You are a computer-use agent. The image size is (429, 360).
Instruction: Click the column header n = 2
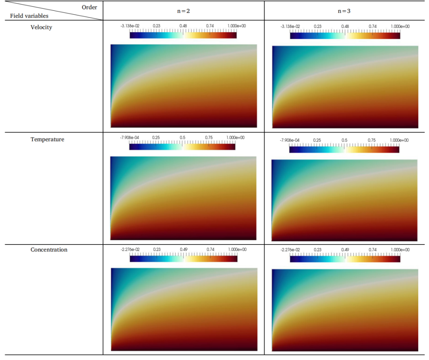click(183, 11)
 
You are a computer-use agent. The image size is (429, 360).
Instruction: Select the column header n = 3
click(344, 11)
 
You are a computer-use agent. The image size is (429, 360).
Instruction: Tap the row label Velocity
click(41, 27)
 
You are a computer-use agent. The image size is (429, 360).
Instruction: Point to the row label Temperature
click(47, 139)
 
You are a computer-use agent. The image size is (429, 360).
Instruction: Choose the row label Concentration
click(49, 250)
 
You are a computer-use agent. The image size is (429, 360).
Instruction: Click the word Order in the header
click(89, 7)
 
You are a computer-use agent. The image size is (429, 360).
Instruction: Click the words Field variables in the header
click(29, 16)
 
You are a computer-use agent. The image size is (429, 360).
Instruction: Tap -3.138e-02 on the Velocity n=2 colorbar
click(130, 26)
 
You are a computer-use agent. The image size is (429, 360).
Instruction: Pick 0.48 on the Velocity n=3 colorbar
click(345, 26)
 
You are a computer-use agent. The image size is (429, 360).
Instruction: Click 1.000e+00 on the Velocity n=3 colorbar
click(400, 26)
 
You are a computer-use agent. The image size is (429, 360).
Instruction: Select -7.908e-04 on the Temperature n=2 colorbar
click(130, 138)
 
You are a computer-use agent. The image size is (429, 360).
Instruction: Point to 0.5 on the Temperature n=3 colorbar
click(344, 140)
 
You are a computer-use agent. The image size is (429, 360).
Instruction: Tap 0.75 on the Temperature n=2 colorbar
click(209, 138)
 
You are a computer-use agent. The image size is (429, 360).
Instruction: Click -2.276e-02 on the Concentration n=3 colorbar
click(290, 250)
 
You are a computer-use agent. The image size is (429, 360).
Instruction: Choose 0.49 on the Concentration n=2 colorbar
click(184, 249)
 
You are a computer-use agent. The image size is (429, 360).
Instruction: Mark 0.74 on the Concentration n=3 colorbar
click(373, 250)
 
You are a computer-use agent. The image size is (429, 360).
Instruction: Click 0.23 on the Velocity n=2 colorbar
click(157, 26)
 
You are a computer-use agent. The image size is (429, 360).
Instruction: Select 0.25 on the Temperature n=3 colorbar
click(317, 140)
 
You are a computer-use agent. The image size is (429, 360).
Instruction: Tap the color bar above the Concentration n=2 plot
click(184, 259)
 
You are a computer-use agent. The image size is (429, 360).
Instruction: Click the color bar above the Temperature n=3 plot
click(344, 150)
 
